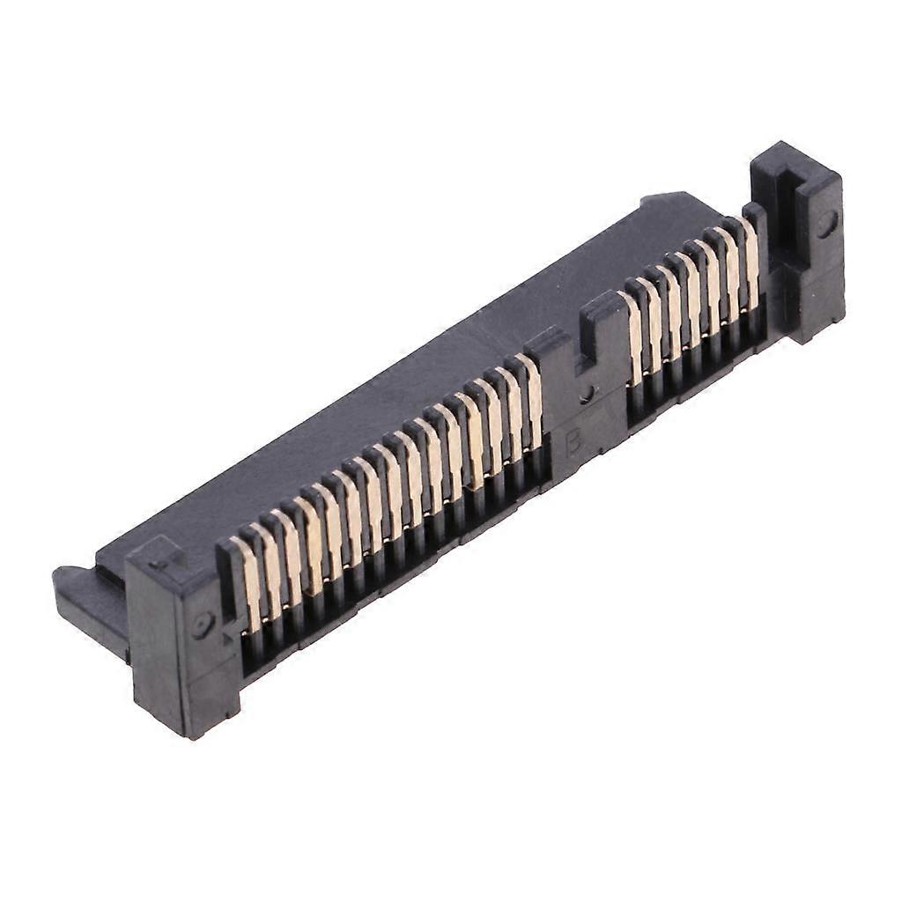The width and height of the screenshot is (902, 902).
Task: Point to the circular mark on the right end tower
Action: click(x=825, y=225)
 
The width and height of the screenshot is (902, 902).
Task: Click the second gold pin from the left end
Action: click(x=268, y=571)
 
